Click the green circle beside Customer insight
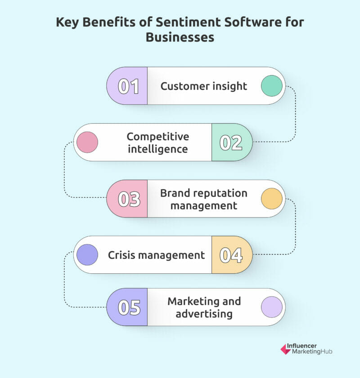tap(272, 86)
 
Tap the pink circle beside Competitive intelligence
tap(87, 142)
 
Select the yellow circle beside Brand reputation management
tap(272, 199)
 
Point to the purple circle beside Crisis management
tap(87, 255)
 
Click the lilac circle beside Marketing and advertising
tap(272, 307)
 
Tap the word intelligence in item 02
tap(158, 149)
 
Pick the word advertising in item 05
tap(204, 314)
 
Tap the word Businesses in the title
tap(180, 37)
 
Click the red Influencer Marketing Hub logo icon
tap(286, 349)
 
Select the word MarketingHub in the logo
tap(312, 352)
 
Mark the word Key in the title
tap(67, 22)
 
